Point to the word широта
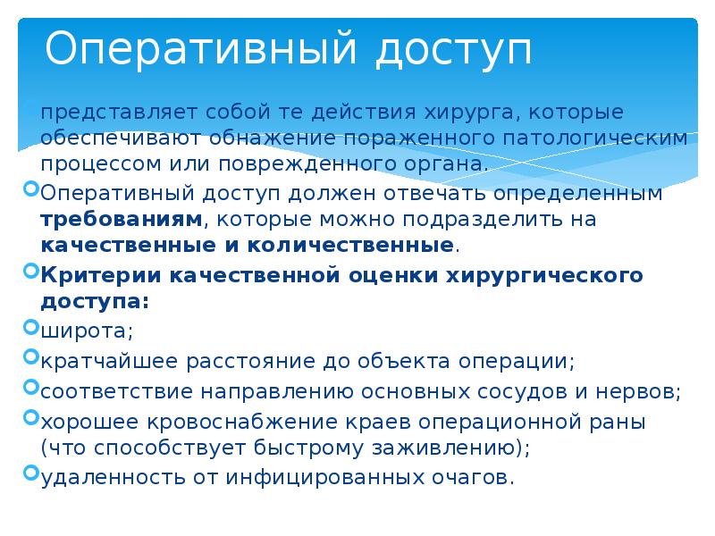[x=86, y=332]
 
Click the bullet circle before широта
[x=32, y=328]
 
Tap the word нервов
[x=642, y=390]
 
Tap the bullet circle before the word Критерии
[x=32, y=270]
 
